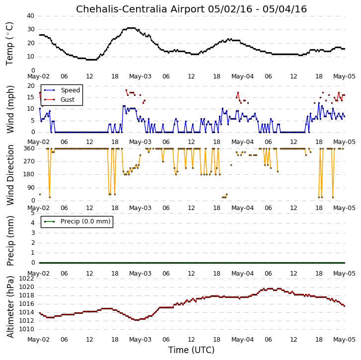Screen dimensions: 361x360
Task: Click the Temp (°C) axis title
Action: (x=9, y=44)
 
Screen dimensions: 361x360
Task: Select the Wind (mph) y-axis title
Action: (x=10, y=109)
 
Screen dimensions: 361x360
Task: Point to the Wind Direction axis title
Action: (x=10, y=175)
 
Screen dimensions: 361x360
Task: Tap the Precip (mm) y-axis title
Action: (x=10, y=241)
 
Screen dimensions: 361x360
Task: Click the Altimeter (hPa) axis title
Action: (x=10, y=307)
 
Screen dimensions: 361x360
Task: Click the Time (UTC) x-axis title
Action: (x=191, y=350)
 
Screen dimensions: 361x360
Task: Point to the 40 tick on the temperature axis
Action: (x=31, y=16)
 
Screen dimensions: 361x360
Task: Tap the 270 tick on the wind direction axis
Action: (x=29, y=161)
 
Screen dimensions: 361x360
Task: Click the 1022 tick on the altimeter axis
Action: (x=26, y=279)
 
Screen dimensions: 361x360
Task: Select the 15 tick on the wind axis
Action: (x=31, y=97)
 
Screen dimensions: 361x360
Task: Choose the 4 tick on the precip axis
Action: (x=33, y=223)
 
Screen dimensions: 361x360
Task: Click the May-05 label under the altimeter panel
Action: (x=345, y=340)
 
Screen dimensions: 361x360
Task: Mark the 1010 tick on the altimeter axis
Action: (x=26, y=329)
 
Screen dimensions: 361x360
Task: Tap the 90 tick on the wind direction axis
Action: (x=31, y=188)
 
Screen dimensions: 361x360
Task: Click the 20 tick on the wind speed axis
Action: (x=31, y=86)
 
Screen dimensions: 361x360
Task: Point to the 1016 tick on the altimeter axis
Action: (x=26, y=304)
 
